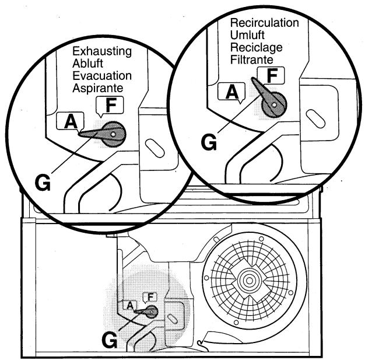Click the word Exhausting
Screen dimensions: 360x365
tap(101, 51)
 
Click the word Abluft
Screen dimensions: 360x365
tap(88, 64)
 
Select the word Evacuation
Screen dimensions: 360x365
tap(101, 76)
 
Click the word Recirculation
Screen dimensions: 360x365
tap(264, 23)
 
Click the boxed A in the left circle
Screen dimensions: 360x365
tap(71, 121)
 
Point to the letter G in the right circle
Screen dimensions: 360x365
tap(208, 142)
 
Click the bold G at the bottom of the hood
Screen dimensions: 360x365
tap(108, 337)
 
